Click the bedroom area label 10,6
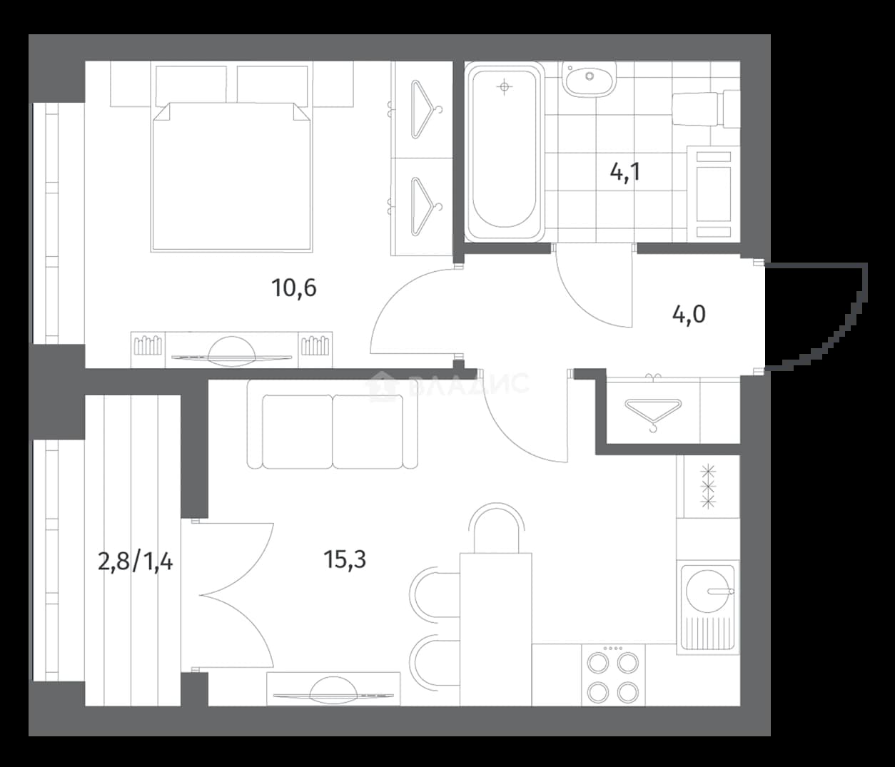[294, 288]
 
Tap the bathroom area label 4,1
[625, 173]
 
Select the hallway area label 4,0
[689, 314]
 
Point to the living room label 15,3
[345, 559]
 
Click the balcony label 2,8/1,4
[136, 562]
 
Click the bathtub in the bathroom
[504, 151]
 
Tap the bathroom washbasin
[590, 78]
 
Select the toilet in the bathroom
[706, 108]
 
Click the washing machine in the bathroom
[713, 193]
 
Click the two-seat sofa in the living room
[332, 425]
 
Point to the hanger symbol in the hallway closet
[653, 414]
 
